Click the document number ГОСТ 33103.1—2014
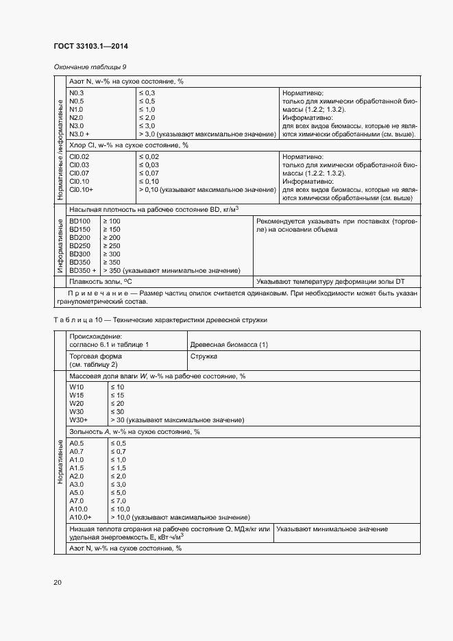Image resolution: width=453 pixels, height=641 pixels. (x=91, y=47)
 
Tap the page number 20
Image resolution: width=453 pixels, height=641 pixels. (x=58, y=583)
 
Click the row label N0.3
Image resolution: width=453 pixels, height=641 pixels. (x=77, y=93)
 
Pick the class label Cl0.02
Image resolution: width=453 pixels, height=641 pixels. (x=79, y=157)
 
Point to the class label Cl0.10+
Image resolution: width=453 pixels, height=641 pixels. (x=82, y=189)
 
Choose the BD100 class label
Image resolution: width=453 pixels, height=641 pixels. (x=79, y=221)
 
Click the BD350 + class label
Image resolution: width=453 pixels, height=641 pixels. (x=83, y=270)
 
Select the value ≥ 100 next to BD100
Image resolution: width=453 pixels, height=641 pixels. (x=111, y=221)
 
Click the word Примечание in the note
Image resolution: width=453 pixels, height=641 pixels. (x=92, y=293)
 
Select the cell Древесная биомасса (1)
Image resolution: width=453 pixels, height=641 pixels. (x=229, y=344)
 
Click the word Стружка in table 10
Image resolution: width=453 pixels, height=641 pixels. (x=204, y=356)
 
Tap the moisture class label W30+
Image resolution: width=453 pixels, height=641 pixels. (x=79, y=420)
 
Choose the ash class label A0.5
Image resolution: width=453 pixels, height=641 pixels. (x=77, y=443)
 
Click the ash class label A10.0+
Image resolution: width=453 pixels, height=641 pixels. (x=80, y=517)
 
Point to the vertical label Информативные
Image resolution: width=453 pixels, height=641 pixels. (x=60, y=245)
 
